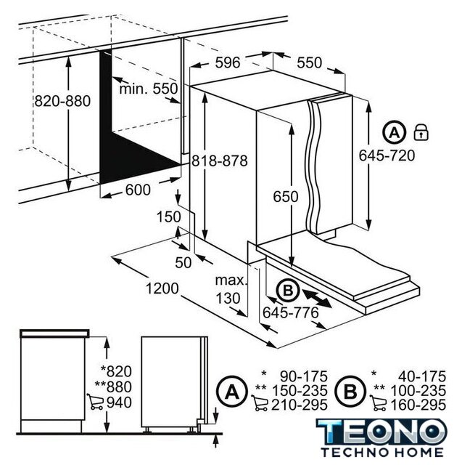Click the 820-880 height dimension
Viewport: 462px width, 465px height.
(62, 101)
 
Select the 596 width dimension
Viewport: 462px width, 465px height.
(228, 62)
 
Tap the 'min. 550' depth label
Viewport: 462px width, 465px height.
(148, 89)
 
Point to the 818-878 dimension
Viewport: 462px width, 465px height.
(219, 161)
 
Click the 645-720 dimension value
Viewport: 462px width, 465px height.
(387, 155)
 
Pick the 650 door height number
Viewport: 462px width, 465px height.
(286, 196)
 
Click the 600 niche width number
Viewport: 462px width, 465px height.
(138, 190)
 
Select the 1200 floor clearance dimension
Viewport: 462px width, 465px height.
(162, 288)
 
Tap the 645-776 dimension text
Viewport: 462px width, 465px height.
(291, 312)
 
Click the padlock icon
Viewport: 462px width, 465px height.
(421, 132)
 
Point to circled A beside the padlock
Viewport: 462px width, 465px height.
(394, 132)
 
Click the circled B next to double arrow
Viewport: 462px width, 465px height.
(288, 291)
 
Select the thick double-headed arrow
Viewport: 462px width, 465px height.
(316, 299)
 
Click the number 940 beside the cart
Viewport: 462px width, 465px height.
(119, 403)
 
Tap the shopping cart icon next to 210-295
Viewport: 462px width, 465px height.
(260, 403)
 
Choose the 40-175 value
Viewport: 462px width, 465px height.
(422, 376)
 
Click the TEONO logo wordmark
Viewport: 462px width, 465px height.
(381, 432)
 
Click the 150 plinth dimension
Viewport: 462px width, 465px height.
(168, 217)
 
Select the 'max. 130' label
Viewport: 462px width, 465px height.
(230, 289)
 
